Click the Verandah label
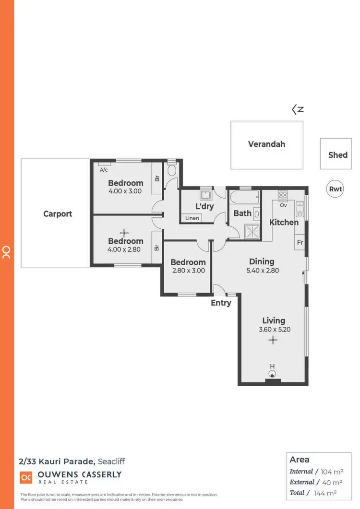click(x=266, y=144)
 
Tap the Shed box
click(x=338, y=154)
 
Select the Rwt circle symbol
click(x=335, y=189)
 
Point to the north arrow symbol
click(x=298, y=109)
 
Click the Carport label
click(x=58, y=214)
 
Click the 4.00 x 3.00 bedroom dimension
click(x=125, y=191)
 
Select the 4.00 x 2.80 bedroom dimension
click(x=125, y=249)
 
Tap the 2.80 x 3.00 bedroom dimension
click(x=188, y=271)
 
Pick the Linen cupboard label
click(x=192, y=218)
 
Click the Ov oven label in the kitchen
click(x=283, y=205)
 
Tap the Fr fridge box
click(x=300, y=243)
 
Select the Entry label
click(x=221, y=303)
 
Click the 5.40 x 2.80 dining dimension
click(x=262, y=271)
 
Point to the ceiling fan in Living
click(x=273, y=341)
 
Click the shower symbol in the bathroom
click(x=252, y=231)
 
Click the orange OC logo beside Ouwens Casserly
click(x=26, y=477)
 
